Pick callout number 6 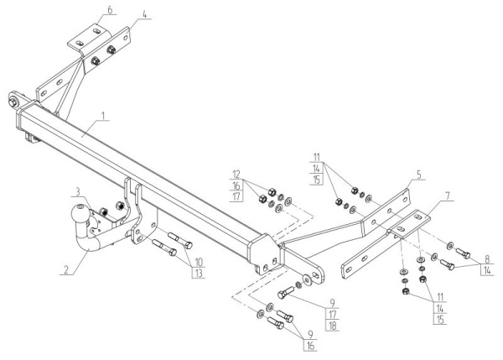(x=108, y=9)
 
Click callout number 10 (x=200, y=261)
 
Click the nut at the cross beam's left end (x=15, y=102)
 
